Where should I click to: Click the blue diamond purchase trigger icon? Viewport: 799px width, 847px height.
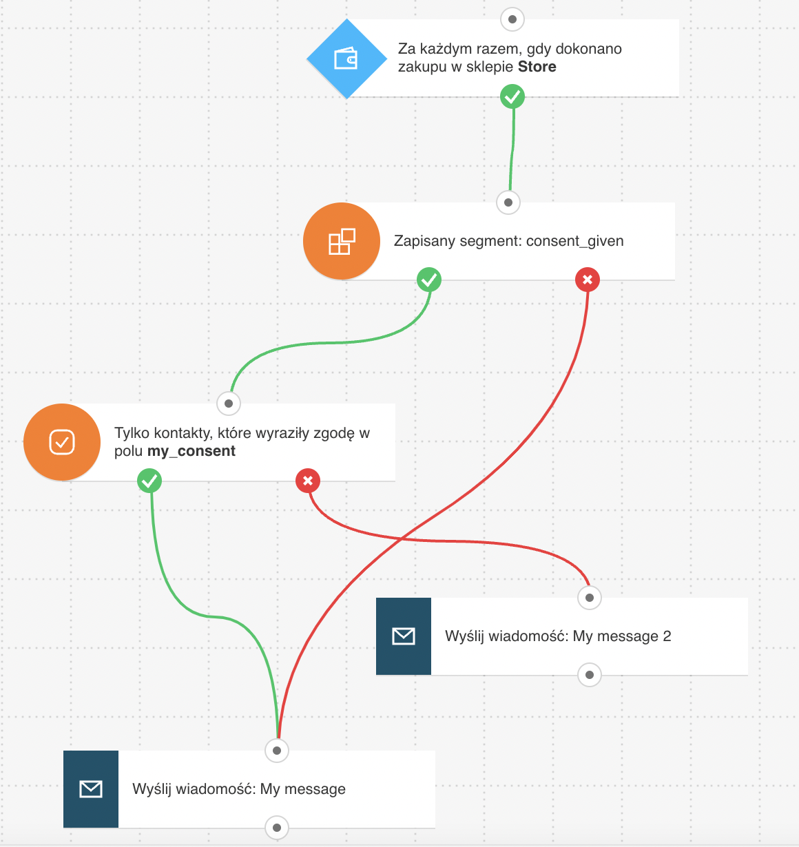pos(346,59)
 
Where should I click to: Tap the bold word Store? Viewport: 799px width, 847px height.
pos(537,67)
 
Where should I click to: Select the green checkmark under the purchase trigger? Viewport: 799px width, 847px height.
pos(512,97)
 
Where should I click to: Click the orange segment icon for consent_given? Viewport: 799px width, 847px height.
pos(341,241)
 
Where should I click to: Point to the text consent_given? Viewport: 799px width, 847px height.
pos(574,242)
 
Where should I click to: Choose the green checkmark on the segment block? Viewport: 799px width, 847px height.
pos(429,280)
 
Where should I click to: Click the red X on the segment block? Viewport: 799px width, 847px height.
pos(588,280)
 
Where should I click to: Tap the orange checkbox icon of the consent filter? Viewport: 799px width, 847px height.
pos(62,442)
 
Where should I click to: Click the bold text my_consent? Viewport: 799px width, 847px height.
pos(191,451)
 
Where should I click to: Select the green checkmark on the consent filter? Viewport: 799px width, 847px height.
pos(149,481)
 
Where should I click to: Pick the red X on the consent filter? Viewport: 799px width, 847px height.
pos(308,481)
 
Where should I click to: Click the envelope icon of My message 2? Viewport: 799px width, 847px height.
pos(403,636)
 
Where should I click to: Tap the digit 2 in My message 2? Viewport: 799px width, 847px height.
pos(667,636)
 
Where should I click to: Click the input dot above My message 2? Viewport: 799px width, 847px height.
pos(589,598)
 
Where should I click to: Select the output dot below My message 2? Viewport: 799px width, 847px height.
pos(589,675)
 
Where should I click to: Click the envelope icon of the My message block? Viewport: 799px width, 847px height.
pos(90,789)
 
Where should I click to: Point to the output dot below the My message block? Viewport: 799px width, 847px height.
pos(276,828)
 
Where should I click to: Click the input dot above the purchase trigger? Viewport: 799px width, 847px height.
pos(512,19)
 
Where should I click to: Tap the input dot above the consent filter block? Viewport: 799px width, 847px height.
pos(229,404)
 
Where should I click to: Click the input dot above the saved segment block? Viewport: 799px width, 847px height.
pos(508,202)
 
